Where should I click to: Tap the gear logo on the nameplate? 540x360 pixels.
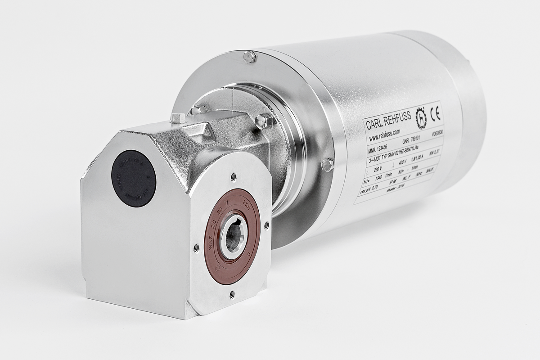point(420,118)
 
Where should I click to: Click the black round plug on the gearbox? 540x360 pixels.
point(133,178)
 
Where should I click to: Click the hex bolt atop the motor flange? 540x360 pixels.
point(249,57)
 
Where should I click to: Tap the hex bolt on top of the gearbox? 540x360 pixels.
point(178,118)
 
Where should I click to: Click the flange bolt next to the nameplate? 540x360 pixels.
point(327,165)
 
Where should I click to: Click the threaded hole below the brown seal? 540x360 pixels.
point(232,294)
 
